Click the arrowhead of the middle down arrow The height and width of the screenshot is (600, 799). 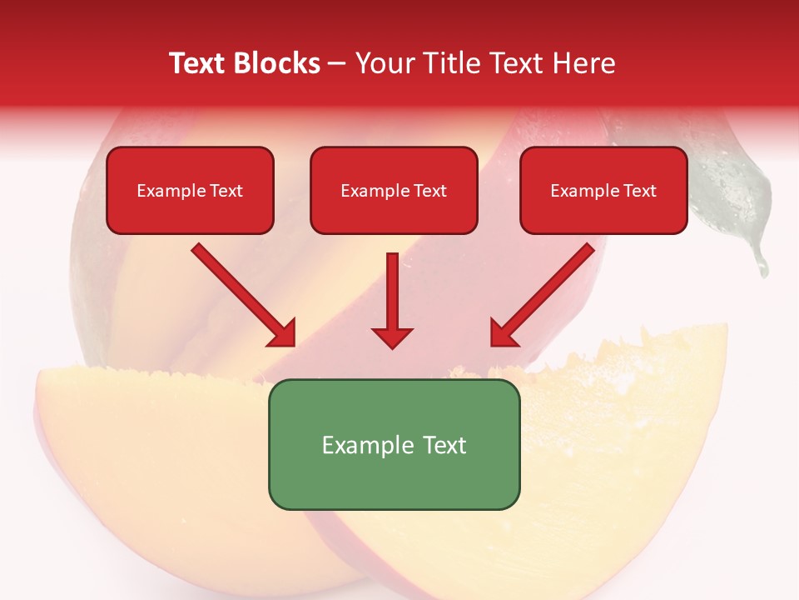tap(392, 337)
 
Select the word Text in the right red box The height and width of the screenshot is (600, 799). tap(640, 191)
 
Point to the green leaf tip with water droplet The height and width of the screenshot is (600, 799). tap(759, 265)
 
